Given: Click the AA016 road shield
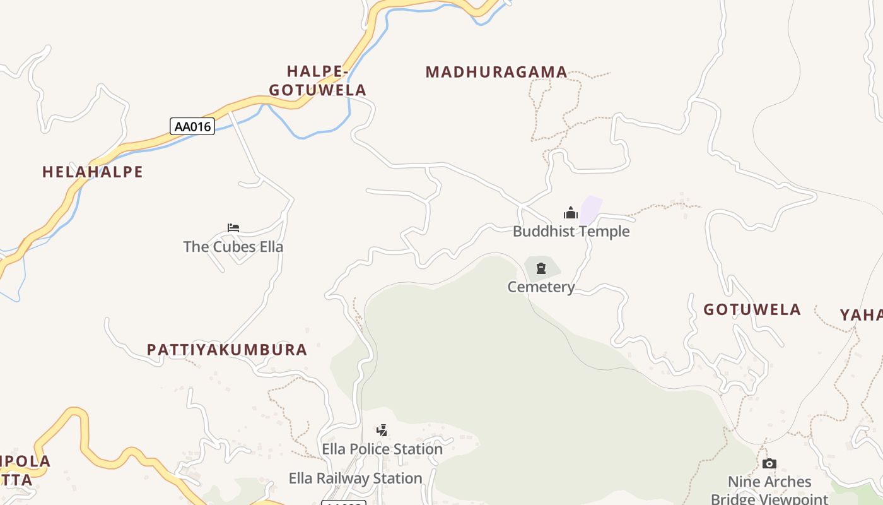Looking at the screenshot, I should (192, 126).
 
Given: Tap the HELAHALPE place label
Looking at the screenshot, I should (93, 172).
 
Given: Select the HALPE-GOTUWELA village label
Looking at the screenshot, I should (318, 81).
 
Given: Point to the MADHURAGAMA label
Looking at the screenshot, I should (496, 72).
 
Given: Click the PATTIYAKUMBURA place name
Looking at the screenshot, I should (227, 350).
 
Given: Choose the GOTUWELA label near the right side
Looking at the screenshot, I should (752, 309).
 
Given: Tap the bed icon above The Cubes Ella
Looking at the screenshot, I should (233, 228).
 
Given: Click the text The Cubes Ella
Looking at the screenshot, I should (233, 247).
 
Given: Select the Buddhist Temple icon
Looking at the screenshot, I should (571, 213).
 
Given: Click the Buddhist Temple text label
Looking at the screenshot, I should (571, 232).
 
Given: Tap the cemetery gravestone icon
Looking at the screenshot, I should (541, 268).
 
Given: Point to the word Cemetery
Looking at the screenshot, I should (541, 287).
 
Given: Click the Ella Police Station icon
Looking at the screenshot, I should (382, 431).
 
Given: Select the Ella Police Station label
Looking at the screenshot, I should (382, 449).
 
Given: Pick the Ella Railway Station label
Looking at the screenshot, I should (355, 478).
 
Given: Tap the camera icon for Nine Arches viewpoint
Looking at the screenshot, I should (769, 464).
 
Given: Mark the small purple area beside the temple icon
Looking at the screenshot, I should (591, 209).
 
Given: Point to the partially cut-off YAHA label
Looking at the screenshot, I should (862, 315).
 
